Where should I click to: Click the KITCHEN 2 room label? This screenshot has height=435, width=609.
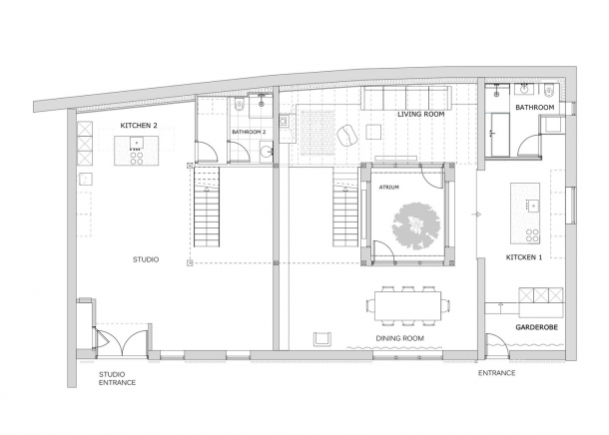click(x=138, y=126)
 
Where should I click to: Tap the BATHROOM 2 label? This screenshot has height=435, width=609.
click(x=249, y=132)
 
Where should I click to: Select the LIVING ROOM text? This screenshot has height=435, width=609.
click(x=420, y=115)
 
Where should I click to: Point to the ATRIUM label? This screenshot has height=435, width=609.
click(x=388, y=187)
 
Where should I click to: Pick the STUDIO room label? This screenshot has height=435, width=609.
click(x=146, y=259)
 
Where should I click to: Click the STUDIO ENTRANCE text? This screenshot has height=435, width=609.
click(x=117, y=378)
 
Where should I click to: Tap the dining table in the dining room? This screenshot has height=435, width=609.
click(x=407, y=305)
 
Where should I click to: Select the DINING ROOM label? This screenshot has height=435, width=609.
click(x=399, y=338)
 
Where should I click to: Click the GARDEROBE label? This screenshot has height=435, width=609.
click(x=536, y=327)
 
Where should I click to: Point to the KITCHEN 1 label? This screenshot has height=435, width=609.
click(x=524, y=257)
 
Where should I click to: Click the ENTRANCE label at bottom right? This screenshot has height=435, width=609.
click(x=497, y=373)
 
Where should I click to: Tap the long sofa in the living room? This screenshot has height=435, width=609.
click(x=406, y=98)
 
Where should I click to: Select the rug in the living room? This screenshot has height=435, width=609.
click(x=317, y=133)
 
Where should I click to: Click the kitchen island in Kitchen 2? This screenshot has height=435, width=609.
click(x=137, y=151)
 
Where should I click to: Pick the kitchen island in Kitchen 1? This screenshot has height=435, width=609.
click(x=525, y=214)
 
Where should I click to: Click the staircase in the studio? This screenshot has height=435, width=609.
click(x=207, y=207)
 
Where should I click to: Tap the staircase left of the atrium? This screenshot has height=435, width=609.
click(x=344, y=210)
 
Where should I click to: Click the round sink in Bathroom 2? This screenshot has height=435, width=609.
click(x=266, y=152)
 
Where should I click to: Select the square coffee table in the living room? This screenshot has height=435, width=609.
click(x=374, y=132)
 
